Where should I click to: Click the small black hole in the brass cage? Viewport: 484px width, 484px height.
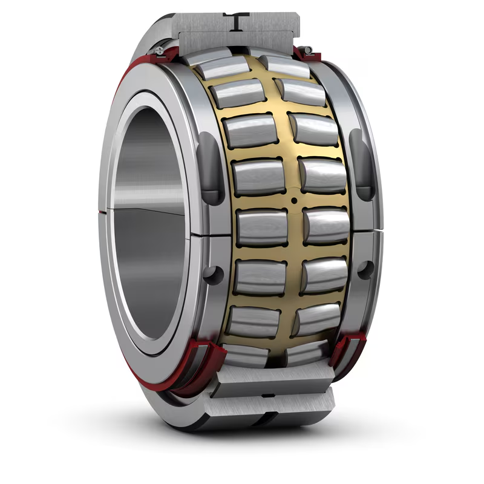tap(293, 200)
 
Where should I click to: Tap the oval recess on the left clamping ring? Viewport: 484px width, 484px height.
tap(208, 169)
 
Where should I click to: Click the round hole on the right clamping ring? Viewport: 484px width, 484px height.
tap(365, 269)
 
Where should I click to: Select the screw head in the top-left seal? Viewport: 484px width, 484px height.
tap(158, 49)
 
